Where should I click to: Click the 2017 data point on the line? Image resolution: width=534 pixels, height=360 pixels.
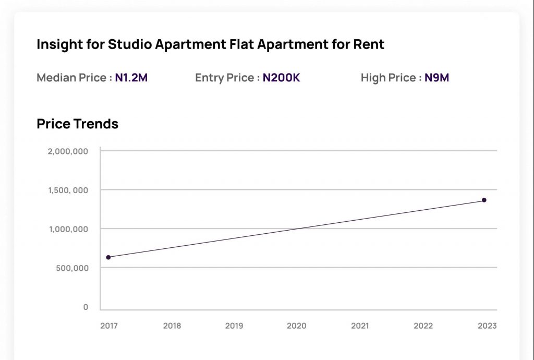pos(108,257)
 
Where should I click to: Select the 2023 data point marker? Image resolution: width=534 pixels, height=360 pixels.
pos(484,200)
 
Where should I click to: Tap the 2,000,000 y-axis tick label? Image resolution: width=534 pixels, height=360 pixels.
pos(68,151)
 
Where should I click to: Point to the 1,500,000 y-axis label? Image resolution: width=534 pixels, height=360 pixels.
pos(68,190)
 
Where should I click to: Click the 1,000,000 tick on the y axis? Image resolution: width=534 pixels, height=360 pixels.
pos(68,229)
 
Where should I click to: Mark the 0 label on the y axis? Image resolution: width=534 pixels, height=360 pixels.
pos(86,307)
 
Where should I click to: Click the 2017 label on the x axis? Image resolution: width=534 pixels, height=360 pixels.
pos(109,326)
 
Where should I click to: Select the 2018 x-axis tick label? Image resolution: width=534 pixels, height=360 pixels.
pos(172,326)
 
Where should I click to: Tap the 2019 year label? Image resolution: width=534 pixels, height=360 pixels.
pos(234,326)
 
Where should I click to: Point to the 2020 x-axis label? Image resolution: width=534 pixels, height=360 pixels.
pos(297,326)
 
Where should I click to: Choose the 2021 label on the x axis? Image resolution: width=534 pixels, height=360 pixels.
pos(360,326)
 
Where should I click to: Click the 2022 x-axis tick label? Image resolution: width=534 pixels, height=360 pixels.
pos(423,326)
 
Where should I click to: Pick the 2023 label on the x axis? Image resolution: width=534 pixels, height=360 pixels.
pos(487,326)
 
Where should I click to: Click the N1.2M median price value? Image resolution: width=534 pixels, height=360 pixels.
pos(131,78)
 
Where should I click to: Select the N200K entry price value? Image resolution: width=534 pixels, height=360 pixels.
pos(282,78)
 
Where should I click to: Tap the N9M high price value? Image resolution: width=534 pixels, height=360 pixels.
pos(437,78)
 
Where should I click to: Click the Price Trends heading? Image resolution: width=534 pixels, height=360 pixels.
pos(77,124)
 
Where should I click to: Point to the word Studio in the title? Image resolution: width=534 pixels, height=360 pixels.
pos(127,45)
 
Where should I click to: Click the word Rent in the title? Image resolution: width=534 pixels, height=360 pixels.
pos(369,45)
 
